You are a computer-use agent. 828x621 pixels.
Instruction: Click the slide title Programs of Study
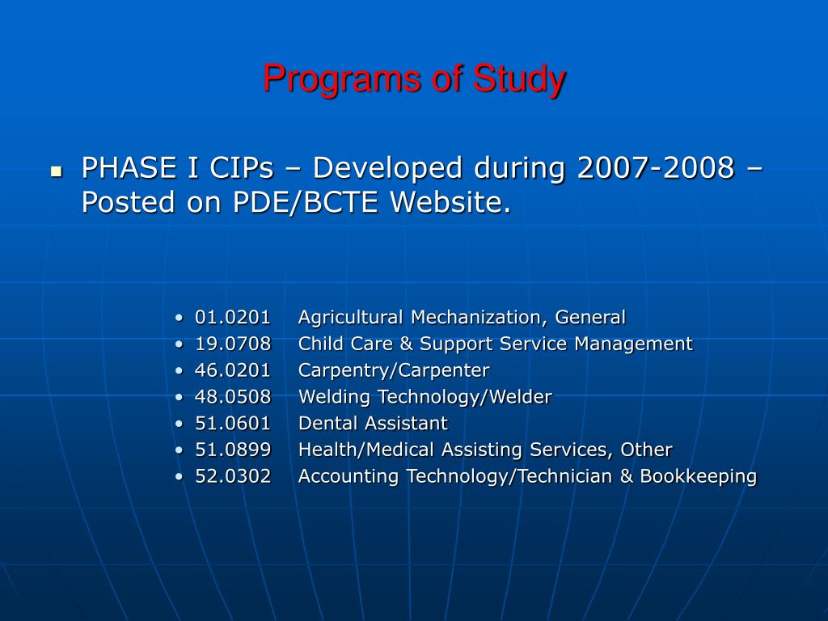click(414, 79)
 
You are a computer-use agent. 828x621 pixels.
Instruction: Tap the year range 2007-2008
click(656, 168)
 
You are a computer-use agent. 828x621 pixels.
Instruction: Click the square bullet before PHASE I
click(56, 171)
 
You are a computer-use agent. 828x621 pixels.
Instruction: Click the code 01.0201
click(233, 317)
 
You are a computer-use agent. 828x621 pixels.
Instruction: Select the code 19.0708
click(233, 344)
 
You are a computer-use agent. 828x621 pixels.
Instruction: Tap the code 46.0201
click(233, 370)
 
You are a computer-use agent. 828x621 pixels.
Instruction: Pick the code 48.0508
click(233, 397)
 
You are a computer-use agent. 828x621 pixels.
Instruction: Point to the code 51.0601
click(233, 423)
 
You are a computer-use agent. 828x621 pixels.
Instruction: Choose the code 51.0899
click(233, 450)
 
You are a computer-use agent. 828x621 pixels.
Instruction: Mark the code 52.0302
click(233, 476)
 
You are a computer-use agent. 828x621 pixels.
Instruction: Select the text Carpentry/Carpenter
click(394, 370)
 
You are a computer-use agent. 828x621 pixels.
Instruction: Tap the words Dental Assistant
click(373, 423)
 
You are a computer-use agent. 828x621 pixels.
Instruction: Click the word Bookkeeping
click(699, 476)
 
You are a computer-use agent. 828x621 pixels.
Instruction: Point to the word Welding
click(330, 397)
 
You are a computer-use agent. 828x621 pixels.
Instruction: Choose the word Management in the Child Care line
click(634, 344)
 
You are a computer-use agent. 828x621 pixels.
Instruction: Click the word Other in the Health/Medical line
click(647, 450)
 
